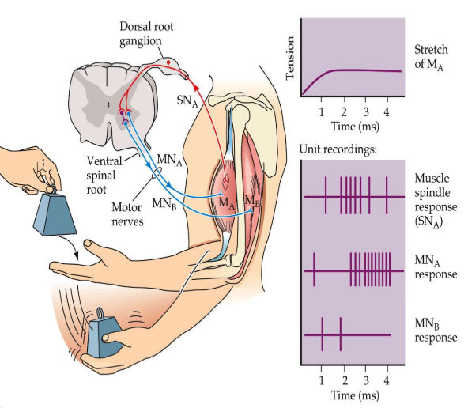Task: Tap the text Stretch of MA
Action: click(432, 58)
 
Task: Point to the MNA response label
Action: click(435, 266)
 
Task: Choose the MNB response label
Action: click(435, 330)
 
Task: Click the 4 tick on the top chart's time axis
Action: click(387, 111)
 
